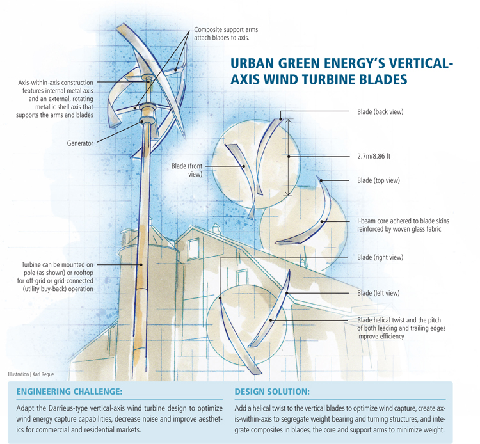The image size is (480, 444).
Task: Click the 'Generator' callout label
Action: click(x=80, y=144)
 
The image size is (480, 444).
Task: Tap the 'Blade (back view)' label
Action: click(x=380, y=112)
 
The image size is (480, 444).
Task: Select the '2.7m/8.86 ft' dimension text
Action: click(x=378, y=155)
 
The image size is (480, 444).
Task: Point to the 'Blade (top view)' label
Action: click(x=378, y=180)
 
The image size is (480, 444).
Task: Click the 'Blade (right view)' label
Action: click(x=380, y=257)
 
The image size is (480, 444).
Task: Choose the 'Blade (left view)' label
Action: click(x=378, y=293)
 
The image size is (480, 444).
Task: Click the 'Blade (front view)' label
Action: click(x=187, y=170)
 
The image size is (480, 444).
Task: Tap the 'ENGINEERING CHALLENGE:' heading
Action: click(x=68, y=391)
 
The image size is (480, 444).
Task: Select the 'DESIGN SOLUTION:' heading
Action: click(x=272, y=391)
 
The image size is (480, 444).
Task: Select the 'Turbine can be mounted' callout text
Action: click(x=56, y=264)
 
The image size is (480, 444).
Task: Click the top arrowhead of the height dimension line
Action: click(x=288, y=118)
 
